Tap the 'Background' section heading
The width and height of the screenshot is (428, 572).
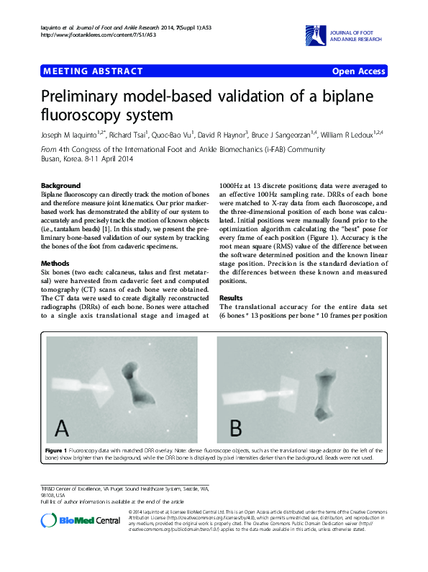pyautogui.click(x=61, y=186)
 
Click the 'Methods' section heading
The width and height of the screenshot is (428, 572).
pyautogui.click(x=55, y=264)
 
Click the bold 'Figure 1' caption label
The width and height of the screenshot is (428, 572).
pyautogui.click(x=58, y=449)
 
